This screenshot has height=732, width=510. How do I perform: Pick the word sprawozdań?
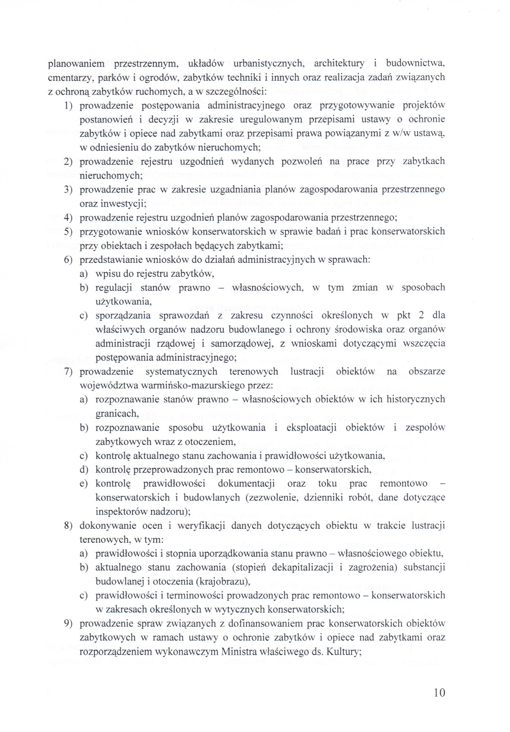pos(184,316)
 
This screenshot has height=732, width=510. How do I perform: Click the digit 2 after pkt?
pos(421,316)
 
